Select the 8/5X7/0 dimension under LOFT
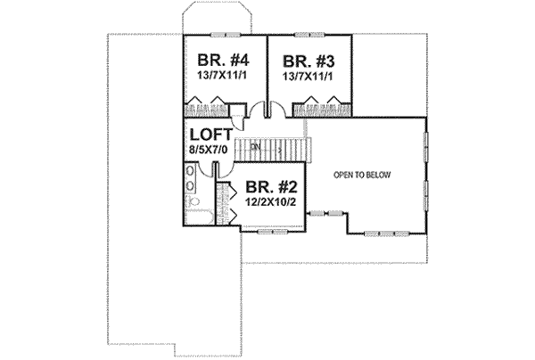click(209, 151)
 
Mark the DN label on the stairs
click(255, 146)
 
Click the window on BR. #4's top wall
click(224, 34)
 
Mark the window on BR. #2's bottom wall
click(265, 230)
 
